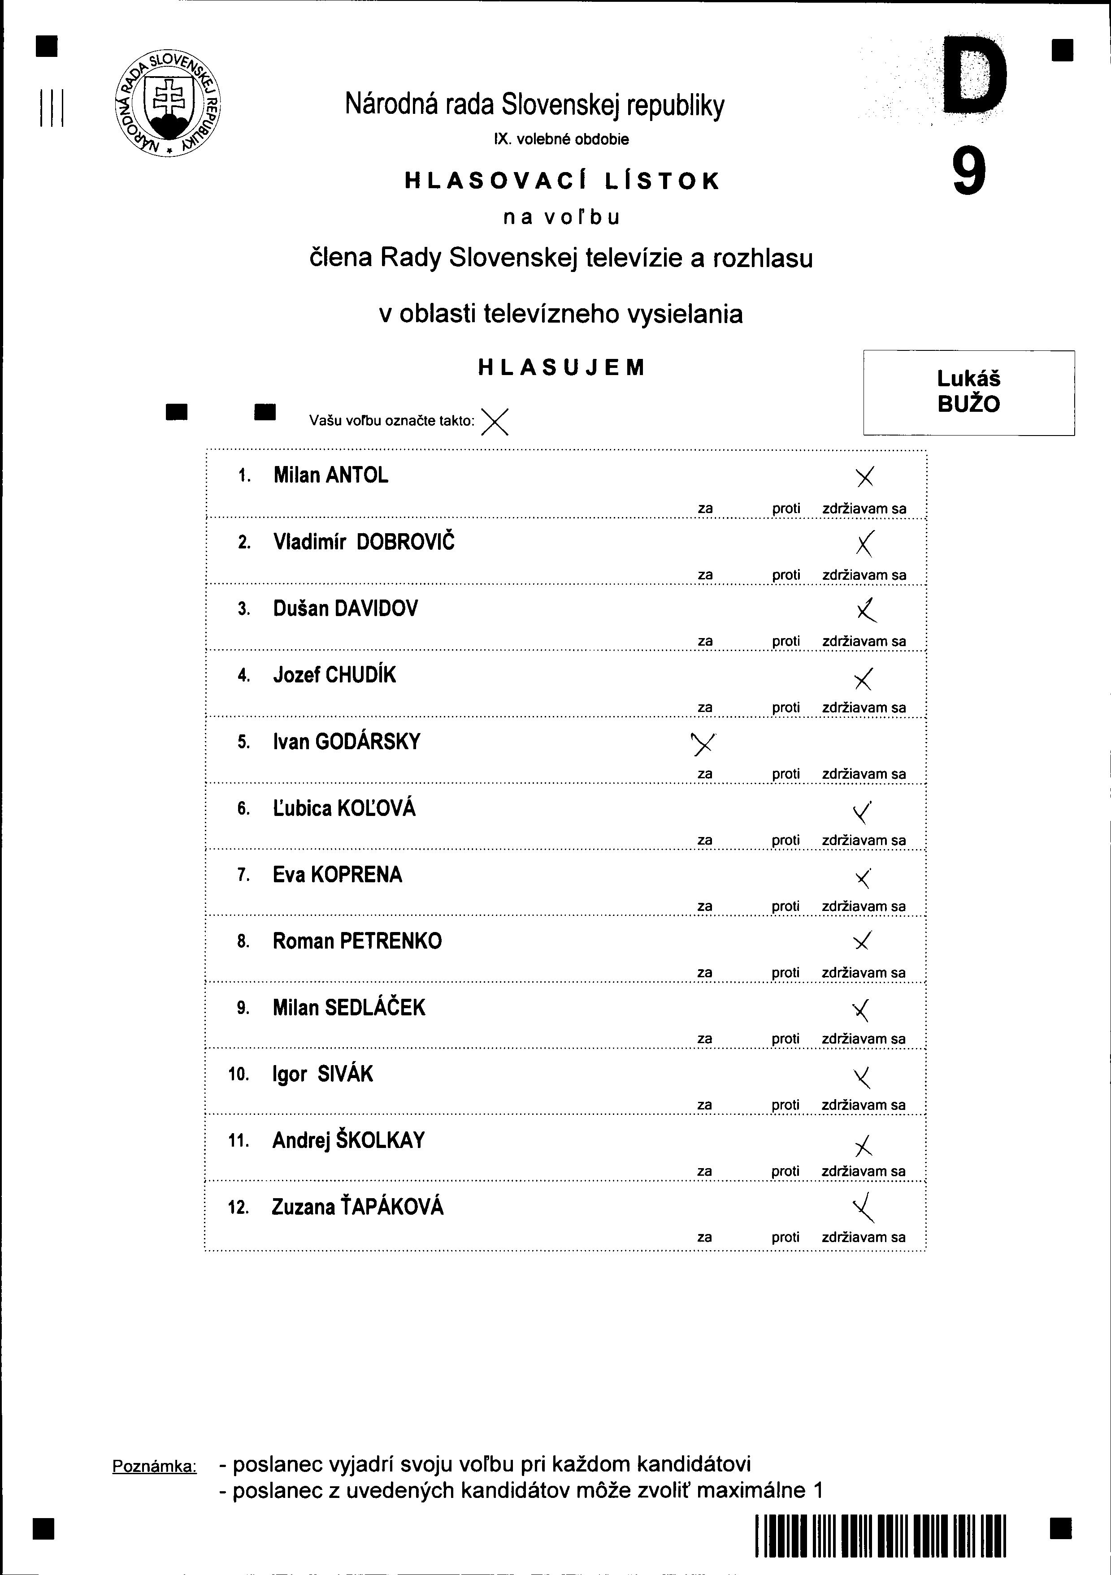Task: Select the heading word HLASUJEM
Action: [561, 368]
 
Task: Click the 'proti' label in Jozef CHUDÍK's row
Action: [786, 707]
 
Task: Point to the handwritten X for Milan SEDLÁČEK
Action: [862, 1010]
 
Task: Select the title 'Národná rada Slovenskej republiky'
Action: [534, 105]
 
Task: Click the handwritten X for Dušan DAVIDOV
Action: [868, 609]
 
